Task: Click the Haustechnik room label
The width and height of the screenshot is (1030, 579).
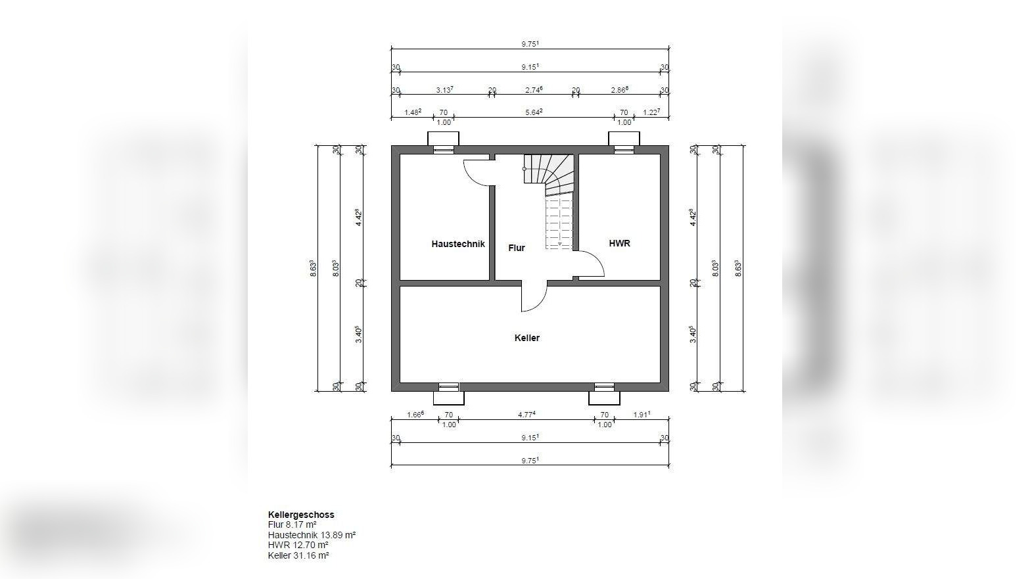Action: pos(458,244)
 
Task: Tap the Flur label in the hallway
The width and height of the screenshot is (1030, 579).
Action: pos(517,248)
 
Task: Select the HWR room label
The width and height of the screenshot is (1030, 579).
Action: pos(619,243)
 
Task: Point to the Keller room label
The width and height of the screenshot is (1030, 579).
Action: pos(527,338)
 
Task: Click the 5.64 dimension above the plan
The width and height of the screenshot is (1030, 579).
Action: pos(534,112)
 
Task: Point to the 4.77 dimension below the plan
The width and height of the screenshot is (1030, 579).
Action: pos(527,414)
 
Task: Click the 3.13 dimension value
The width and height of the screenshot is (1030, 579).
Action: pos(444,90)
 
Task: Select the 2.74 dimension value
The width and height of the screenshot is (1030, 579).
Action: pos(534,90)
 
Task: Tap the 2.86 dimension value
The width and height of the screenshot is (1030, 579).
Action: pos(619,90)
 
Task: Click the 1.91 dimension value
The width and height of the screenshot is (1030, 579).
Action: pos(642,414)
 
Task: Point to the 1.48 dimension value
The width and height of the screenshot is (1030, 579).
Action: pos(413,112)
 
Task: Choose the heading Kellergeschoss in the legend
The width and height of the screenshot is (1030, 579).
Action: pos(301,515)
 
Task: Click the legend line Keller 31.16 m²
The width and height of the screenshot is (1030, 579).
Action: pos(298,555)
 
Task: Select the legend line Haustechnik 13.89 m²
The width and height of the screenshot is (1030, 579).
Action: pos(312,536)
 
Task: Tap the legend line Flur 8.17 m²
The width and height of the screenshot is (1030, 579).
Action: pos(293,524)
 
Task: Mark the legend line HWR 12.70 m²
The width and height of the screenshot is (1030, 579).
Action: pos(298,545)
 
